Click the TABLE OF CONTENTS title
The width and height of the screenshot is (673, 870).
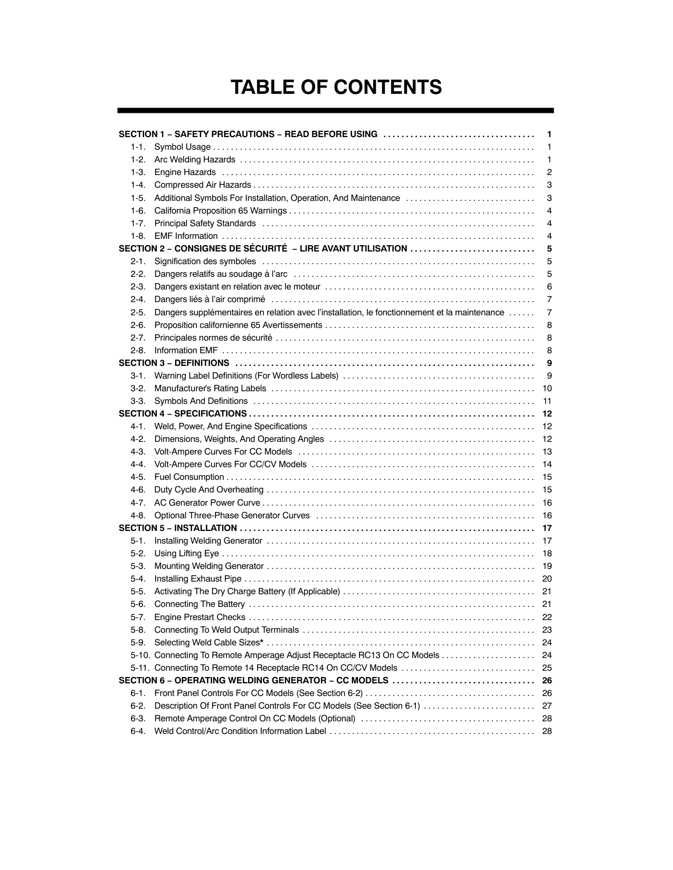coord(336,88)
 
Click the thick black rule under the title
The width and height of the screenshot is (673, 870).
coord(336,111)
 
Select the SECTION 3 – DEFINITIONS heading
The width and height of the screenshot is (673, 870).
coord(174,363)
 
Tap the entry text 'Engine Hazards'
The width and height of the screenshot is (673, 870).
coord(185,172)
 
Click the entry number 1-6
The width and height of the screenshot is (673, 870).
coord(138,211)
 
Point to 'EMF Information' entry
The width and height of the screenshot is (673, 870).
coord(186,236)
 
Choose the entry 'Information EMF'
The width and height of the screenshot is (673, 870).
coord(186,351)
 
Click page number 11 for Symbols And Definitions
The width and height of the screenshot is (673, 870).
coord(547,401)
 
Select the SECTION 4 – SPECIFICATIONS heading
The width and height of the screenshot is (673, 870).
coord(183,414)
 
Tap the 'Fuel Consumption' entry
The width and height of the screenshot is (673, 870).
coord(189,477)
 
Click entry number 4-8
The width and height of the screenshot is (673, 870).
coord(138,516)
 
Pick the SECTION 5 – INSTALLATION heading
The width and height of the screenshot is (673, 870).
coord(178,528)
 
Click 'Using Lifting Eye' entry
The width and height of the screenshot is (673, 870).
coord(186,554)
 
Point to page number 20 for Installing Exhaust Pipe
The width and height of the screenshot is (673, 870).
coord(547,579)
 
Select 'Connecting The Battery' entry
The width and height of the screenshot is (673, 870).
coord(200,604)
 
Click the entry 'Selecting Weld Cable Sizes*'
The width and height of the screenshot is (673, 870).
coord(208,643)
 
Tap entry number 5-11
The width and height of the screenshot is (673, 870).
coord(140,668)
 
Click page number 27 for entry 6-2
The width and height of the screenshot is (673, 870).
coord(547,706)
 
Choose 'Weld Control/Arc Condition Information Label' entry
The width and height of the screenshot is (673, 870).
coord(240,731)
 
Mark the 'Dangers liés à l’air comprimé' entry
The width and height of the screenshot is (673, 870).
coord(210,300)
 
